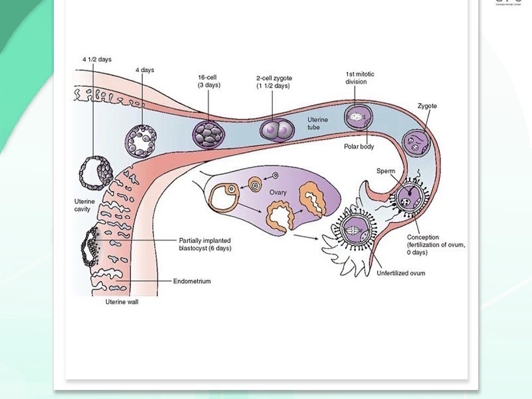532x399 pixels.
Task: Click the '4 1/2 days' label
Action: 97,60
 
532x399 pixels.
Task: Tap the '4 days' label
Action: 144,70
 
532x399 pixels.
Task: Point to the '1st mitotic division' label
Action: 360,78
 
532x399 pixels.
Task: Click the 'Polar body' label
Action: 359,147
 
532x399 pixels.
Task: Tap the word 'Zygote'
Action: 427,106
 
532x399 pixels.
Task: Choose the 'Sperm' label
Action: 386,171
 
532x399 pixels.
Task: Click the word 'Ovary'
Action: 278,192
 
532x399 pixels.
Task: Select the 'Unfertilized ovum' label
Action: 401,273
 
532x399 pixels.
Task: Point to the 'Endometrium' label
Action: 192,281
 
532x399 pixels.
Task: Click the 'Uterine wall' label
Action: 122,302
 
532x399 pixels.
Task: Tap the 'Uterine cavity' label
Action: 85,205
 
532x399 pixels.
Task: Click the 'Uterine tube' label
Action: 318,123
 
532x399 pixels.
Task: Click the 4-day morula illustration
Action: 143,140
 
